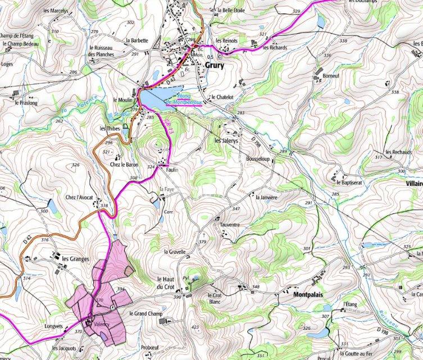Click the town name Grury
click(x=214, y=65)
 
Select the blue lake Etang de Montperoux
click(x=153, y=98)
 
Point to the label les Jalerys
click(x=226, y=140)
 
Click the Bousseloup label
click(x=258, y=159)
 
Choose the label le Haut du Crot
click(x=167, y=283)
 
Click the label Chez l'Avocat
click(x=79, y=198)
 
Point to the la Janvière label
click(x=267, y=197)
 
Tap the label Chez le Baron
click(x=124, y=165)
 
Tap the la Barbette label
click(x=137, y=40)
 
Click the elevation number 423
click(x=195, y=327)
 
